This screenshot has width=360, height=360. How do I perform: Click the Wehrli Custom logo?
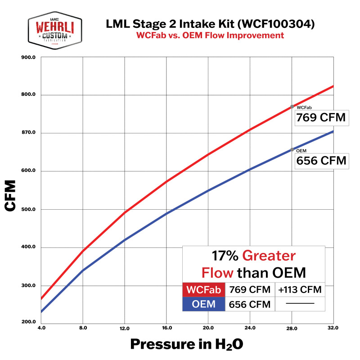pyautogui.click(x=54, y=29)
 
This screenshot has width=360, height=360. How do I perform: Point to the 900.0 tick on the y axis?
pyautogui.click(x=28, y=58)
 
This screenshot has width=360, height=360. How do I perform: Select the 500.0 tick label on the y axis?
pyautogui.click(x=28, y=209)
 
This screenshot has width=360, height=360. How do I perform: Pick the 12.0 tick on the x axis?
pyautogui.click(x=125, y=328)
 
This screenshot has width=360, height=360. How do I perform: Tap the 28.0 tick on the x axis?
pyautogui.click(x=292, y=328)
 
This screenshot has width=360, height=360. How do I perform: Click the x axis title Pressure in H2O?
pyautogui.click(x=187, y=344)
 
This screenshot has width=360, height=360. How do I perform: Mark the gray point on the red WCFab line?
pyautogui.click(x=292, y=107)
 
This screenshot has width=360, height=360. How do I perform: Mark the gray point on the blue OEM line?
pyautogui.click(x=292, y=149)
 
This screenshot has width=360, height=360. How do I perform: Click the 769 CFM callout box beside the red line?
pyautogui.click(x=321, y=118)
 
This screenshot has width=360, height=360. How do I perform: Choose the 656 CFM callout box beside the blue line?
pyautogui.click(x=321, y=161)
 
